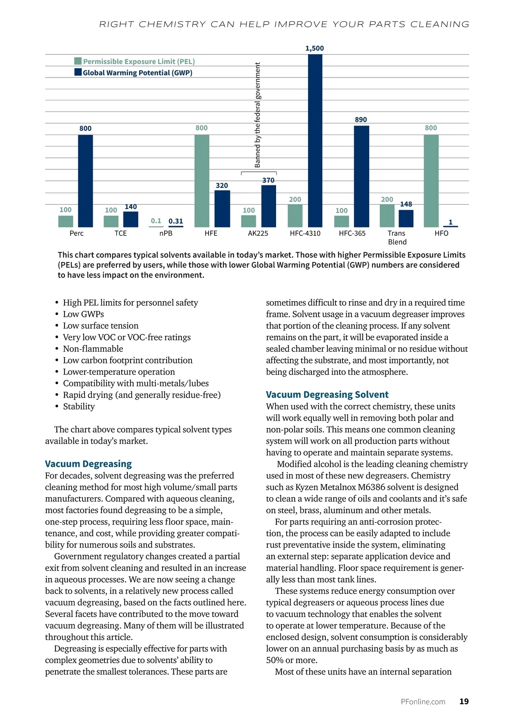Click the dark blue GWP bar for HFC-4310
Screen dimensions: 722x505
(315, 141)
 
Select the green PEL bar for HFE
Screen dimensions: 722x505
(202, 181)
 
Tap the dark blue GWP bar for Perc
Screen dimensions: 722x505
(85, 181)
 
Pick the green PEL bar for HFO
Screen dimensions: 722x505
(431, 181)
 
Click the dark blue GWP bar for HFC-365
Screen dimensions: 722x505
(361, 176)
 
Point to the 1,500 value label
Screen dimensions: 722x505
(315, 48)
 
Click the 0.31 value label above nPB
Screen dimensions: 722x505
(175, 221)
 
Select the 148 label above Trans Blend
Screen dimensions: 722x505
(406, 204)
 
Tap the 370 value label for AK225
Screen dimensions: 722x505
(268, 180)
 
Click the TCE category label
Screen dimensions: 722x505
(121, 233)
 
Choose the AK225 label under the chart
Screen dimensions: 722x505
(258, 233)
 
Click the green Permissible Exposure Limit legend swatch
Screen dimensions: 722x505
(78, 61)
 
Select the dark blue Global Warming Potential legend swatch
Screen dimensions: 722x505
(78, 72)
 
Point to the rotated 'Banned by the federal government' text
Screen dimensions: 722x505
(258, 115)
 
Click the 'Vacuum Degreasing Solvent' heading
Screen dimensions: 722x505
(327, 395)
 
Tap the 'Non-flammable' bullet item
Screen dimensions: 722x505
(93, 349)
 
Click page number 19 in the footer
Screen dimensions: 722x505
(464, 701)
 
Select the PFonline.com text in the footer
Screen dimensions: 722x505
(423, 702)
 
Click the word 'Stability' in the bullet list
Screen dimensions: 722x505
(79, 406)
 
